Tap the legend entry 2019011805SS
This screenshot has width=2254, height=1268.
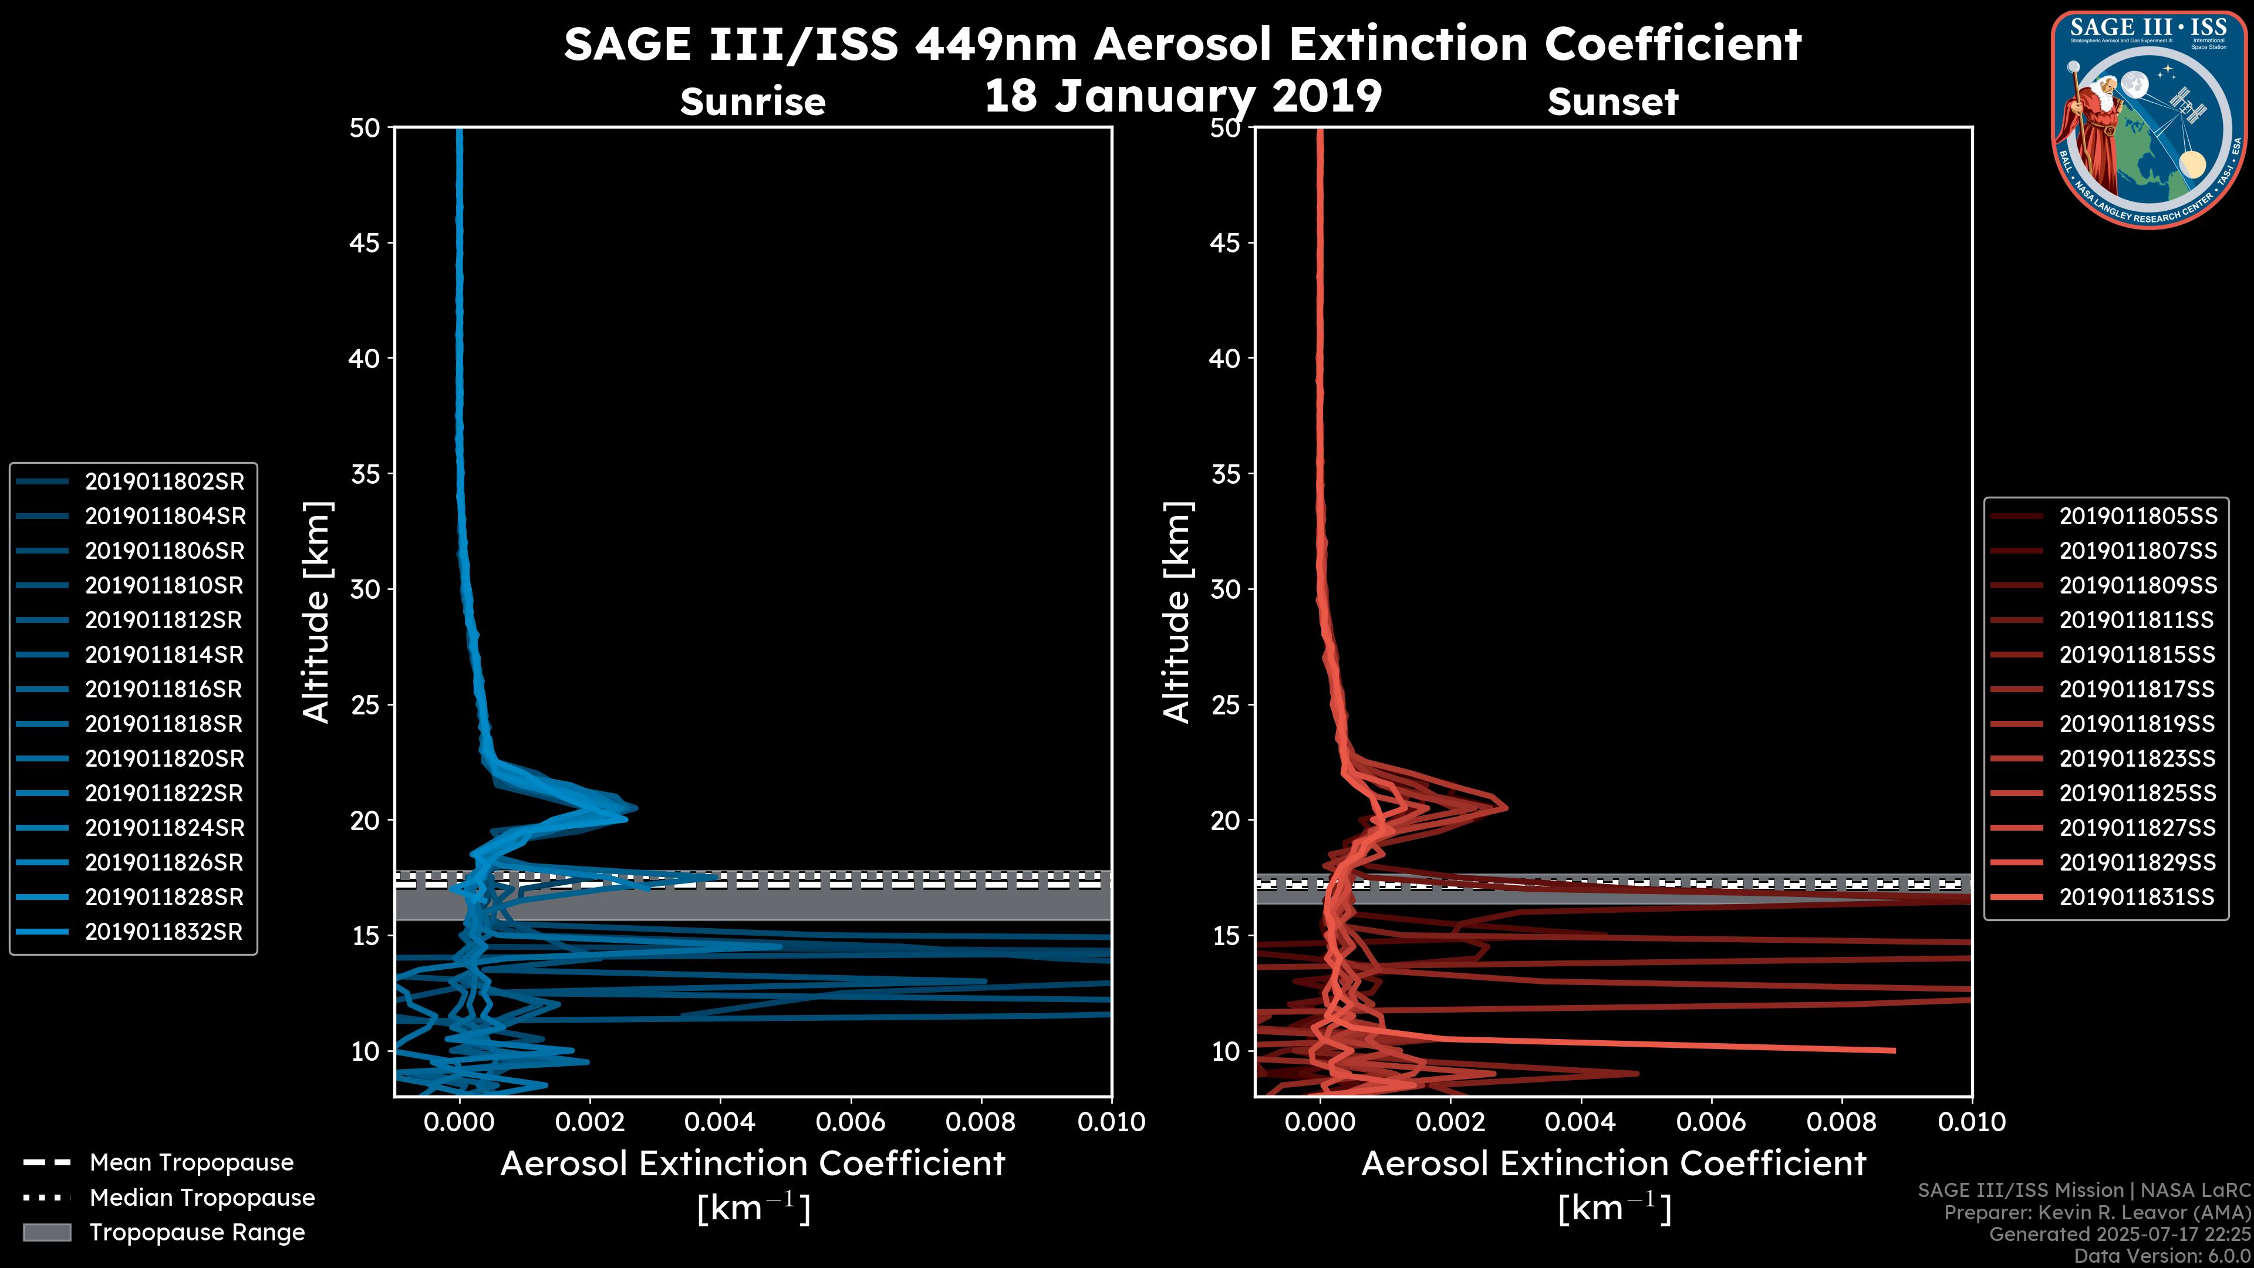(2138, 517)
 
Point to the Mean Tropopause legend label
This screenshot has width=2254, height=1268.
(191, 1162)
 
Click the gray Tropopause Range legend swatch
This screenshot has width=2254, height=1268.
(47, 1232)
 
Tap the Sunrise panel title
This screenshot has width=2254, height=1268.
(753, 102)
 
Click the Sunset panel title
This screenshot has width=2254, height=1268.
(1612, 102)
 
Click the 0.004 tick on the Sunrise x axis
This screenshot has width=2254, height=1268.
(719, 1121)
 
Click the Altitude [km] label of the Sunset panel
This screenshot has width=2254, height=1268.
(1177, 612)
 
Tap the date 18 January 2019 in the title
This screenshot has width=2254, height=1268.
(1183, 96)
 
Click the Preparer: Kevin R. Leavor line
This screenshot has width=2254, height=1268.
(2097, 1212)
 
